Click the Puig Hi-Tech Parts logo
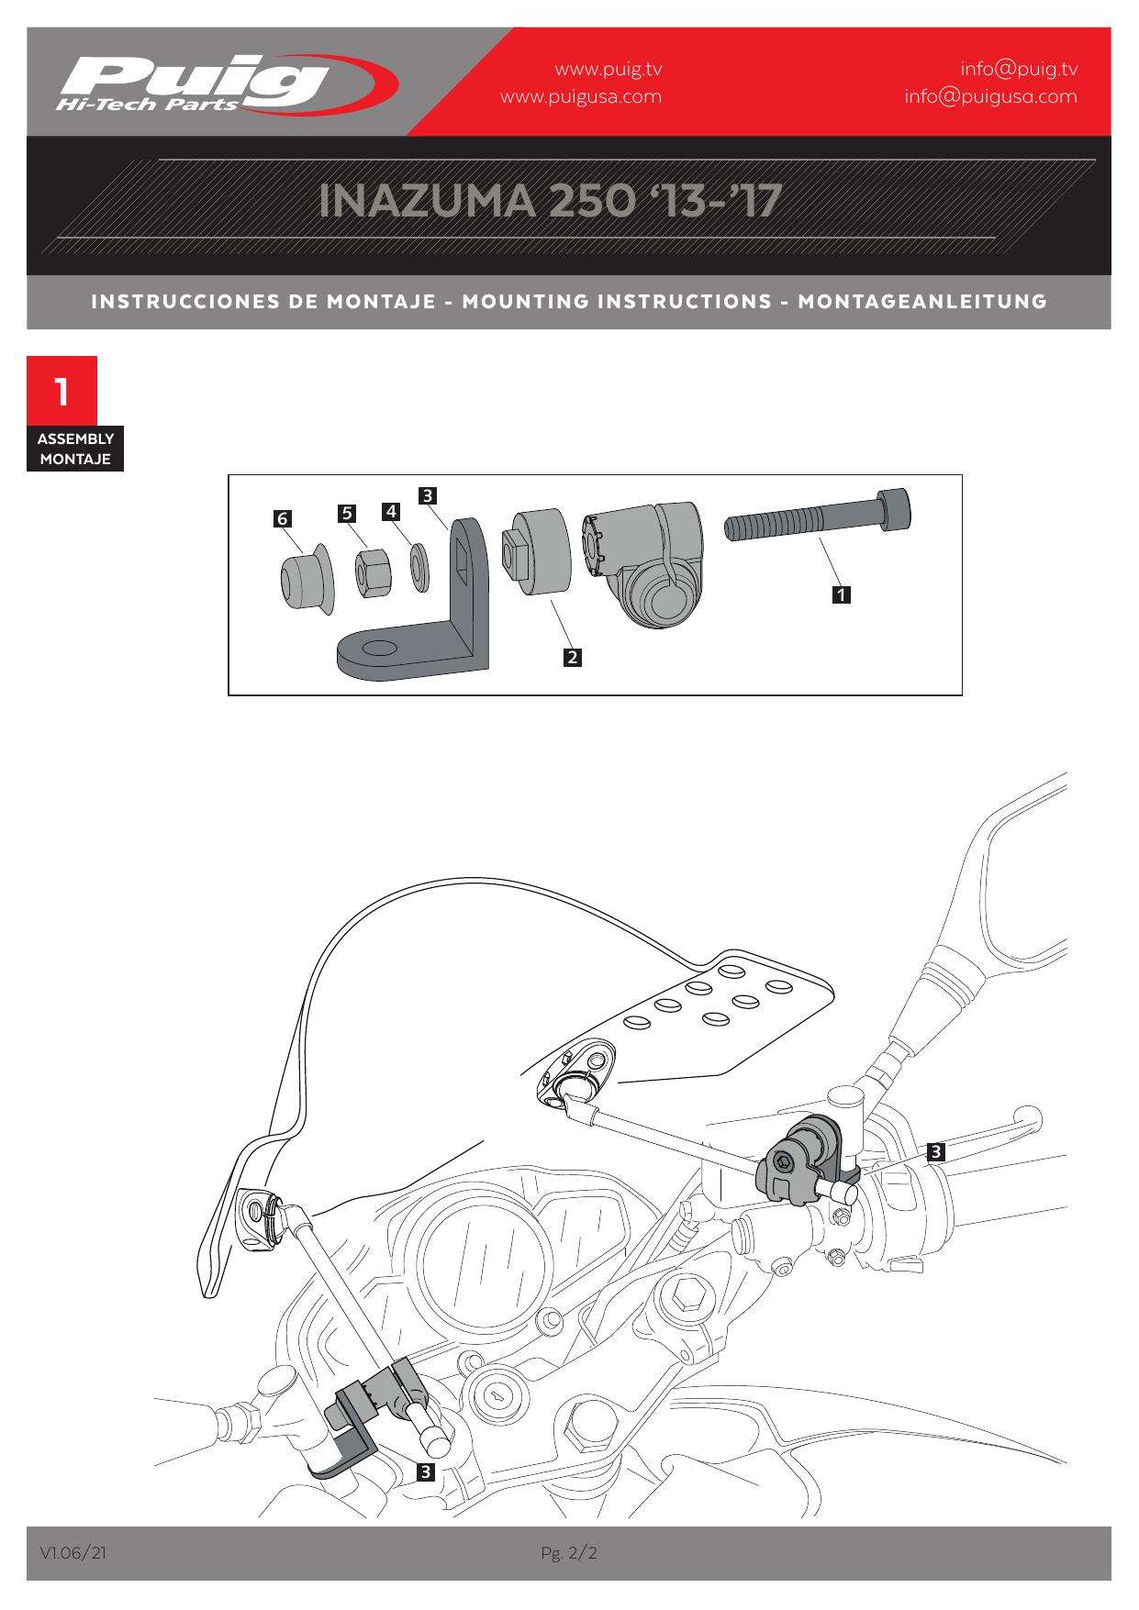[x=225, y=83]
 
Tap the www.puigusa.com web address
[x=580, y=96]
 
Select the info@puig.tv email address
[x=1019, y=69]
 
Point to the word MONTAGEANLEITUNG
[x=921, y=301]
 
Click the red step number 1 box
[x=61, y=392]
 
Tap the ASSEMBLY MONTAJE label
[x=75, y=449]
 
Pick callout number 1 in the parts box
[x=840, y=594]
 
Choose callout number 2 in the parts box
[x=573, y=657]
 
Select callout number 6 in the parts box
[x=283, y=519]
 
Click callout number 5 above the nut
[x=347, y=513]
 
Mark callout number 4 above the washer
[x=392, y=511]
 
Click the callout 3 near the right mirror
[x=935, y=1151]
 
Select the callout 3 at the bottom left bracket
[x=425, y=1472]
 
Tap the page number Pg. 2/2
[x=569, y=1553]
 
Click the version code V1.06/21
[x=73, y=1553]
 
